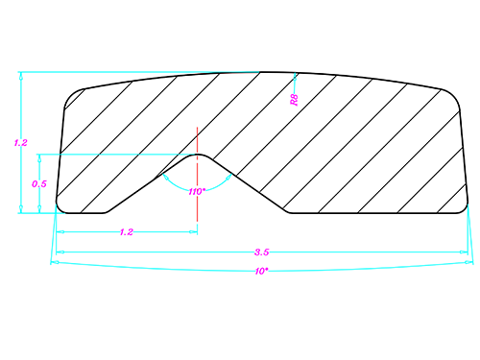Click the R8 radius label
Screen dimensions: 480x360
295,100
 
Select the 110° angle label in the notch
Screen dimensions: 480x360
197,192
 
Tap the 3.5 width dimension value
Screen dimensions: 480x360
261,252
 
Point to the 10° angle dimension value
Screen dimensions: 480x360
261,272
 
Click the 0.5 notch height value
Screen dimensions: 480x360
39,183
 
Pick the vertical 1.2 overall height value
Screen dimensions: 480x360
20,143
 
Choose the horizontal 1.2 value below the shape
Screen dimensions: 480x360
127,232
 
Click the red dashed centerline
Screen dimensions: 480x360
197,175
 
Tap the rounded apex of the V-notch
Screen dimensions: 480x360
197,155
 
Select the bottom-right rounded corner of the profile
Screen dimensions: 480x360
465,209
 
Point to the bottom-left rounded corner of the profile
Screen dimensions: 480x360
60,209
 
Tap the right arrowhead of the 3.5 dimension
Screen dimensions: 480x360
464,252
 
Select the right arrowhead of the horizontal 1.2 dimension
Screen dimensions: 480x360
193,231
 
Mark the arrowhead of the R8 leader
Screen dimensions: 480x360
295,76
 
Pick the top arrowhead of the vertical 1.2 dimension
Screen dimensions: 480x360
21,76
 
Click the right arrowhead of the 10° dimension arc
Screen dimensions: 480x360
469,262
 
